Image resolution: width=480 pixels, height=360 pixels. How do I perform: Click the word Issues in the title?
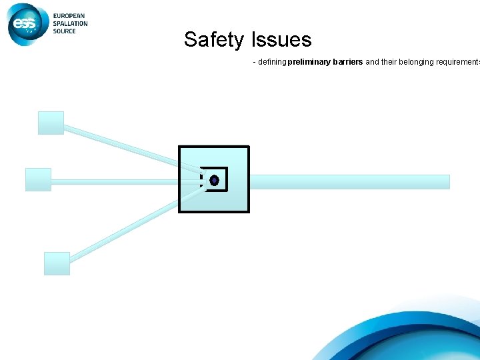point(281,40)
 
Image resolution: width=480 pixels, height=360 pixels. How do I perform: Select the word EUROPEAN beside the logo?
point(70,16)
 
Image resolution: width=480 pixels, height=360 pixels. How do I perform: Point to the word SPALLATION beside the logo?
point(71,23)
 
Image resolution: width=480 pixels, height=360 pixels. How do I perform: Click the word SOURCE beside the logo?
point(65,31)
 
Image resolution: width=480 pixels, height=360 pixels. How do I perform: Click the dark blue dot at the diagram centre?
point(214,180)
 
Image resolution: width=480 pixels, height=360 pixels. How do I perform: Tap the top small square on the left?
point(51,123)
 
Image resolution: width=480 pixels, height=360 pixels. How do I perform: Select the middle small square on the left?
point(38,179)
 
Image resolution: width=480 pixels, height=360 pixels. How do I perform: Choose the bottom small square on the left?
point(57,263)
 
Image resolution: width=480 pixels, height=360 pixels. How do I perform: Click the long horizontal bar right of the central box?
point(349,181)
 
